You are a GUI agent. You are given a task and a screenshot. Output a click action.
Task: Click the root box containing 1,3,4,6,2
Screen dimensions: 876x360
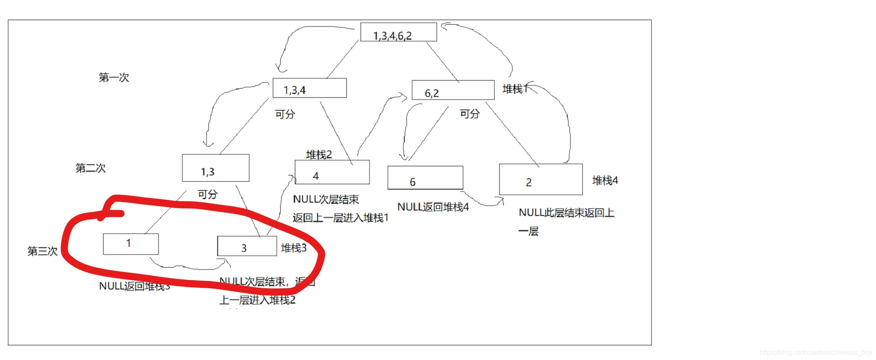(398, 32)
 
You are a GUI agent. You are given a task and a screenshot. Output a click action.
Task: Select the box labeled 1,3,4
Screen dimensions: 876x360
(310, 88)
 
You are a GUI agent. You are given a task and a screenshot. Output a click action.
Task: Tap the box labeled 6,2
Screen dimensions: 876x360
(453, 90)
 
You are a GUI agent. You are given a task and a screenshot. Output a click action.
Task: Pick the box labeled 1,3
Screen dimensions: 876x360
(216, 168)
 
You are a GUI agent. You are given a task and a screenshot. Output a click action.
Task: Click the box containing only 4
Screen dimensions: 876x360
(332, 172)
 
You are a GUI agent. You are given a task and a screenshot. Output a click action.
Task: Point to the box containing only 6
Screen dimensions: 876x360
(425, 178)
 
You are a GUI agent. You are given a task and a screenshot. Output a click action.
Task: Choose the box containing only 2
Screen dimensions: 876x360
(541, 180)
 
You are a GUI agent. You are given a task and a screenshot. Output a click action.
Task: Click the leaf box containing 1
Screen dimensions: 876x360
(131, 244)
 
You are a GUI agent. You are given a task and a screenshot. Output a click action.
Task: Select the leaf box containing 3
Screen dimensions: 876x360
(247, 246)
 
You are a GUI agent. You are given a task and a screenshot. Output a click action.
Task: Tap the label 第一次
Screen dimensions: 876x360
(114, 78)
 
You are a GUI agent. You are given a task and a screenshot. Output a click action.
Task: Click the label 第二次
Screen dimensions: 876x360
(90, 168)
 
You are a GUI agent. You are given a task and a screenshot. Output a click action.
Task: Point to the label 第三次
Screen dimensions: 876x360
(42, 251)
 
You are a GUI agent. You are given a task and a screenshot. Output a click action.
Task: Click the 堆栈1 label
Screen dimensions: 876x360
(515, 89)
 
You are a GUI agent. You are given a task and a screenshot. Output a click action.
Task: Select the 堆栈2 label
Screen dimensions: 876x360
(319, 155)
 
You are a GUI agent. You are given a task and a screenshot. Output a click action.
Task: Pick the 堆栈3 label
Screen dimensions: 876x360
(294, 248)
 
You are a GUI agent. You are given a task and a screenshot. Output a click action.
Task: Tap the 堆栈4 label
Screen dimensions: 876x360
(605, 180)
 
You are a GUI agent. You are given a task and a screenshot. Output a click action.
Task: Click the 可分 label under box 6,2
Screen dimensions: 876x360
(470, 114)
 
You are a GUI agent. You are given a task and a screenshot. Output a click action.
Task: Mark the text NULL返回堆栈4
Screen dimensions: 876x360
(433, 207)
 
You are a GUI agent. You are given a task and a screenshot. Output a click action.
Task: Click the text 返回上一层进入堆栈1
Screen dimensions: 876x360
(340, 218)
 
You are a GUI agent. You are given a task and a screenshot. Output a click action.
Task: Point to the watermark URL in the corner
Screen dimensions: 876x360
(815, 352)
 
